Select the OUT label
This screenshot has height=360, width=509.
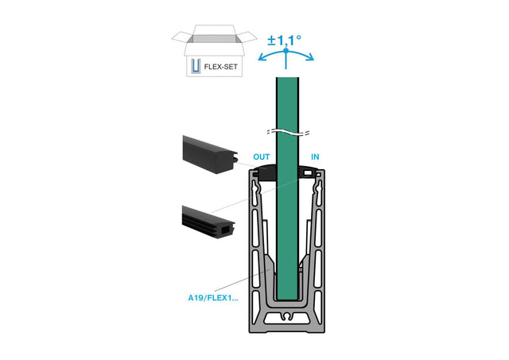(261, 157)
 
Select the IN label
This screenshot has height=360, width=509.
(315, 157)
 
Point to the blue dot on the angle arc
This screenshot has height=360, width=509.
(286, 51)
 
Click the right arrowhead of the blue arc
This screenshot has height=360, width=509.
(313, 58)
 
